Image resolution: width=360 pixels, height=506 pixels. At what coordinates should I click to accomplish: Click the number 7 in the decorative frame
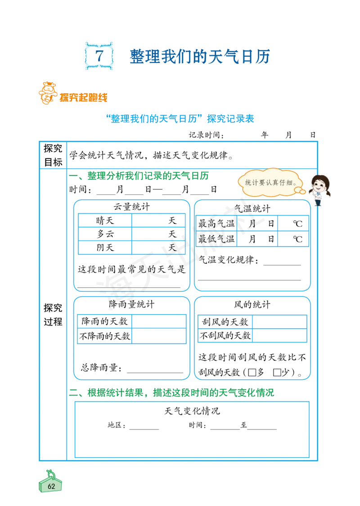[99, 56]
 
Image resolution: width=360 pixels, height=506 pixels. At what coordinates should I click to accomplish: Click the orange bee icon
[46, 93]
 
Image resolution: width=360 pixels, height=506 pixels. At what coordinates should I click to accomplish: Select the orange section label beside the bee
[84, 97]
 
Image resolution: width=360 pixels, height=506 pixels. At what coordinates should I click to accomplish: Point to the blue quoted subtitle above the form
[180, 119]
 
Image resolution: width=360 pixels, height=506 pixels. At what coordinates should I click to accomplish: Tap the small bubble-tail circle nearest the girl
[303, 192]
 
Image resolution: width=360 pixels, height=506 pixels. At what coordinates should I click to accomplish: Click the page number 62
[51, 486]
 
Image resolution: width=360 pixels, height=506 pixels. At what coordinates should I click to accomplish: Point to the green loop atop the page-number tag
[50, 473]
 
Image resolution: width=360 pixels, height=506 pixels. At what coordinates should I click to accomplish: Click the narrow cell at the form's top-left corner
[53, 155]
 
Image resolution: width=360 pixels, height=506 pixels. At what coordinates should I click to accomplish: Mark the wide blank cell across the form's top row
[191, 155]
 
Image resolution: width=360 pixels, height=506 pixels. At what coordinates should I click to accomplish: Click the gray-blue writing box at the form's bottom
[191, 429]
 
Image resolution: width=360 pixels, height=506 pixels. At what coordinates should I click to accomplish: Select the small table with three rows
[131, 233]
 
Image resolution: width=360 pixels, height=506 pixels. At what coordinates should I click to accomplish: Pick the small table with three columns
[253, 230]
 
